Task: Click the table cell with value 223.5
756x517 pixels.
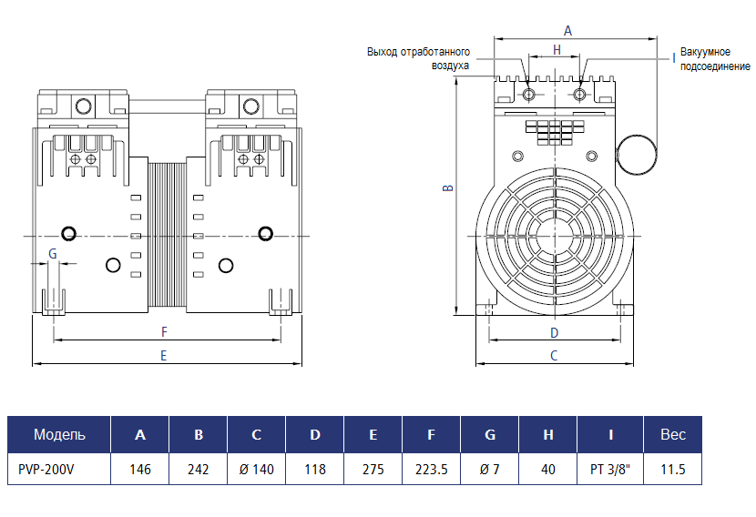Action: [431, 470]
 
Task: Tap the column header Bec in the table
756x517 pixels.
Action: [672, 434]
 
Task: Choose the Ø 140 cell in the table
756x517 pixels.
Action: [256, 470]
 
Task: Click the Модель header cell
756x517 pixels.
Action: [59, 434]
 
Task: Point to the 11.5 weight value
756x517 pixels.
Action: [672, 470]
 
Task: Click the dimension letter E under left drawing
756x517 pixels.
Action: [164, 356]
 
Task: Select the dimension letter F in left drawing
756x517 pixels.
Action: [164, 331]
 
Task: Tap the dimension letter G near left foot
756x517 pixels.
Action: [53, 254]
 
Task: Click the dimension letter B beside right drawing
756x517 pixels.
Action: [447, 188]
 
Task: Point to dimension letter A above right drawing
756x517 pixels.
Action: [567, 30]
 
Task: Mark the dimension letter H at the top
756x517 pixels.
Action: [556, 49]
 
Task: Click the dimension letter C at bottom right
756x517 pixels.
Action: [554, 356]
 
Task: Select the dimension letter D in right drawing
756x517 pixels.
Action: [554, 332]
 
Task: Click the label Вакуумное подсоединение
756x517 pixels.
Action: [715, 60]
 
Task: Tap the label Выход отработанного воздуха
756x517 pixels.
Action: [418, 58]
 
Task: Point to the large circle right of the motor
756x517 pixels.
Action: [638, 154]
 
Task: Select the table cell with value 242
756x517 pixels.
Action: [198, 470]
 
